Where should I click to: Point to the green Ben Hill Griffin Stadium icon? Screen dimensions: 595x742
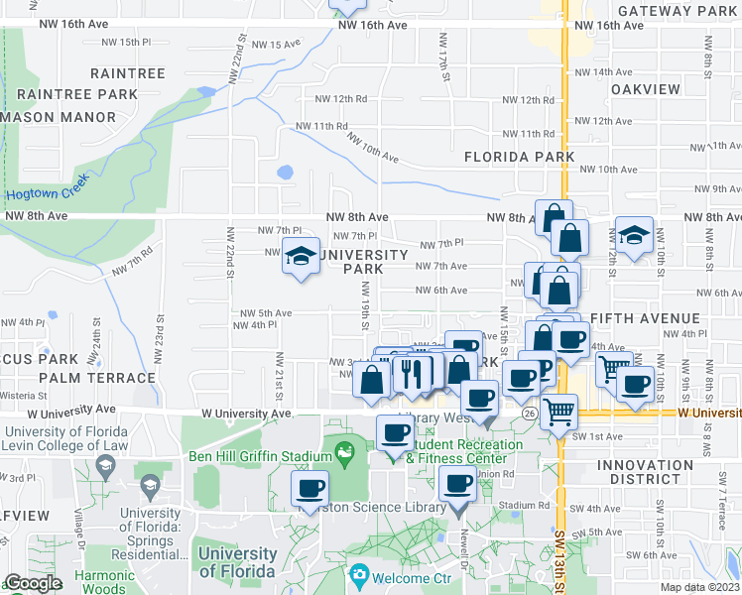[345, 454]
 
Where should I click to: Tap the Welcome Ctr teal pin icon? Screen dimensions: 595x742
[358, 575]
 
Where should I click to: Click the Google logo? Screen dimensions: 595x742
[34, 583]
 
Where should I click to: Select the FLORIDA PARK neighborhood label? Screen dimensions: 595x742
[520, 157]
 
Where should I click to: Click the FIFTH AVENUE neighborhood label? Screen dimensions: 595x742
[645, 318]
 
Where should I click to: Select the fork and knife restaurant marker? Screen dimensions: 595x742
[409, 374]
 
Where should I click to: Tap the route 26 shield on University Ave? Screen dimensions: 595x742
[532, 412]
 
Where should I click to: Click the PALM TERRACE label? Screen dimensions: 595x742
[97, 378]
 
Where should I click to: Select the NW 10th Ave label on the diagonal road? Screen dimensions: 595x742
[373, 151]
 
